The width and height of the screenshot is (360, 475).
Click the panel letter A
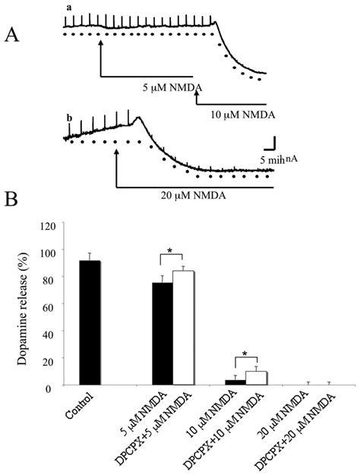click(13, 35)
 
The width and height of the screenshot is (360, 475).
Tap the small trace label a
click(69, 8)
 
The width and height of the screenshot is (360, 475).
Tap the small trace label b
click(69, 118)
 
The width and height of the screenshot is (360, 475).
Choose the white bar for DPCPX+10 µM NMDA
click(256, 378)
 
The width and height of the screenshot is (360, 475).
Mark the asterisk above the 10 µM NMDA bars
click(246, 353)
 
